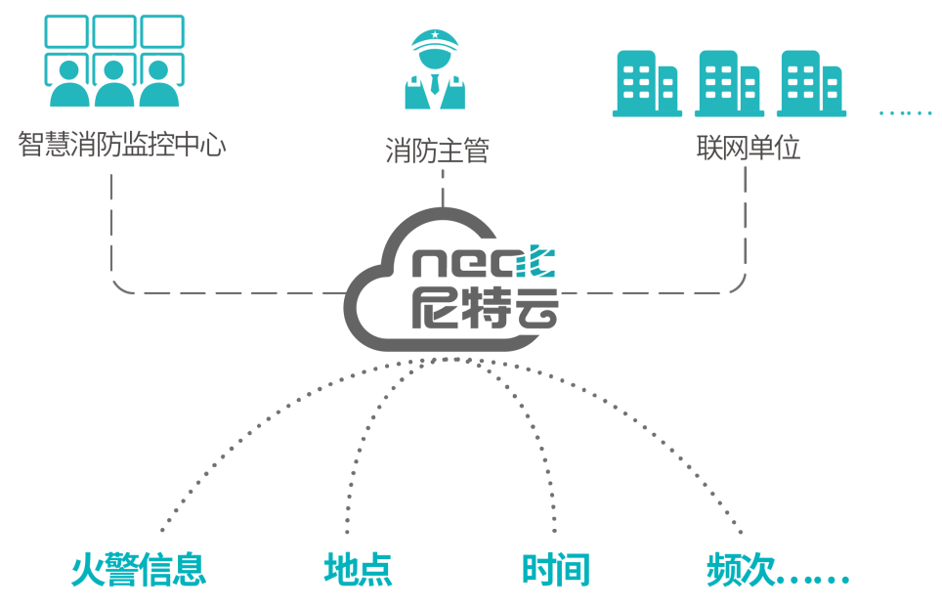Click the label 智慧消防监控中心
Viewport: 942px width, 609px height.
click(122, 145)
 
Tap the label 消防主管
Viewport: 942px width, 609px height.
click(437, 151)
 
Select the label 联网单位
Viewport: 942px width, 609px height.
click(748, 148)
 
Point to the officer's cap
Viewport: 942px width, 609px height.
click(435, 39)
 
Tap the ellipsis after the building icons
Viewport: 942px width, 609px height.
click(906, 112)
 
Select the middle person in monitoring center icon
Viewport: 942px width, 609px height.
click(114, 85)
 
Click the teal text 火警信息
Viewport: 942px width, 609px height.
click(138, 570)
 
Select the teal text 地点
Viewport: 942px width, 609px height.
click(358, 570)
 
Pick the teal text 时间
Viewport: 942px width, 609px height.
click(556, 570)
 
